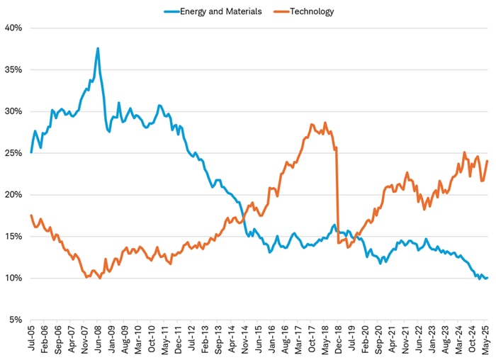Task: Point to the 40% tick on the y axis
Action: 14,28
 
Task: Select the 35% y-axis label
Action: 14,69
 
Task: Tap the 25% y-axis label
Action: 14,153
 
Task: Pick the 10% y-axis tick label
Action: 14,278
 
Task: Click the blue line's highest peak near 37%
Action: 98,48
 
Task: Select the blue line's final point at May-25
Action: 487,278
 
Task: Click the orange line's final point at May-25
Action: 487,160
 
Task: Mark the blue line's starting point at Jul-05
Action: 31,152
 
